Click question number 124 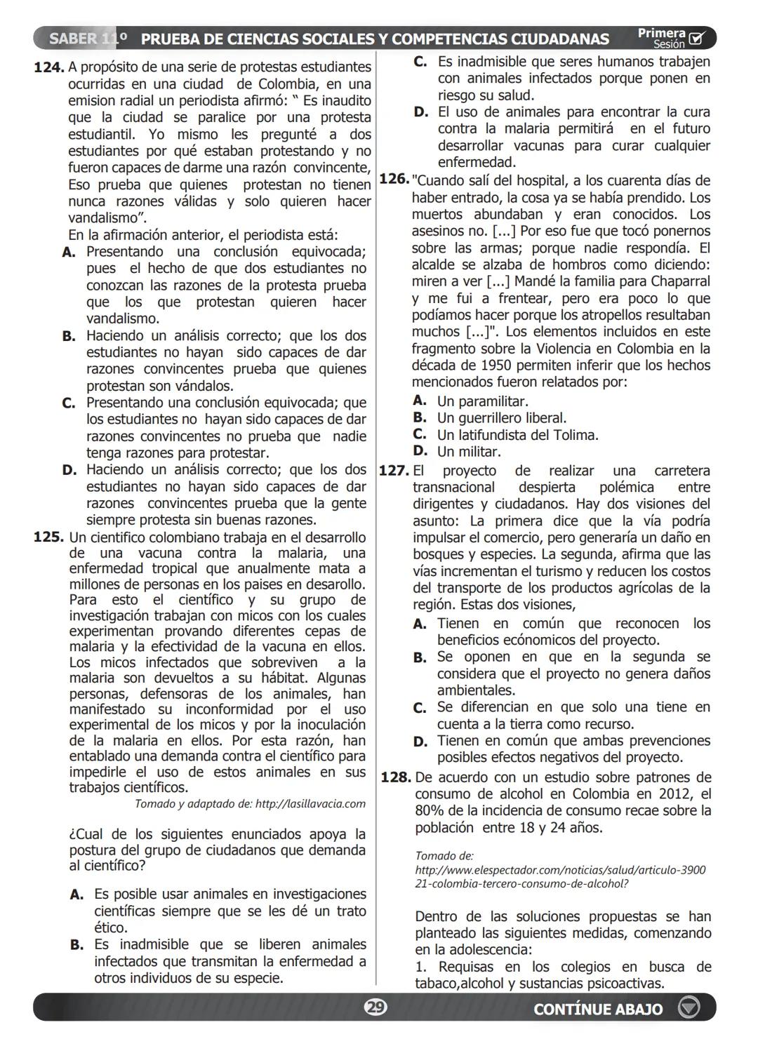49,68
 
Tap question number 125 49,538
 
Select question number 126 394,180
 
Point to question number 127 394,471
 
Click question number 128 395,777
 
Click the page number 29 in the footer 375,1008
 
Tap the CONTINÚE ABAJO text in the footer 597,1009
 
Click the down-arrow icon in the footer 689,1008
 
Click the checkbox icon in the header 697,39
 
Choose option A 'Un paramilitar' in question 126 482,401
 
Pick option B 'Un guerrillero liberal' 501,418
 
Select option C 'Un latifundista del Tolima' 517,435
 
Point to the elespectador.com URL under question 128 560,870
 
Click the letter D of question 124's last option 69,470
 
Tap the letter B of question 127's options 420,658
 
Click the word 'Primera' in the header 661,33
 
